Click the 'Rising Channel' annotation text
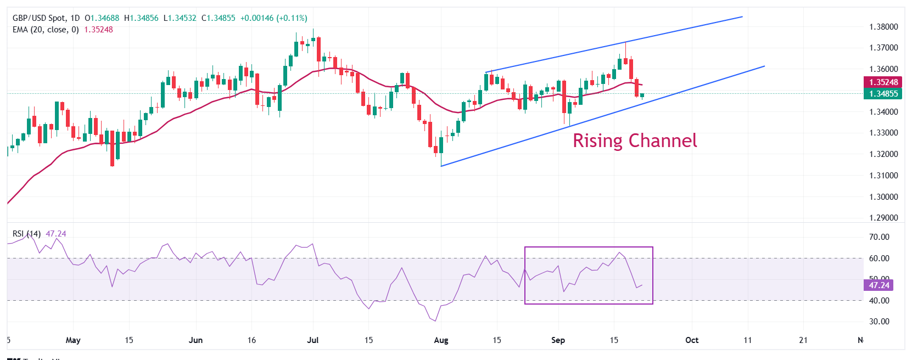tap(635, 141)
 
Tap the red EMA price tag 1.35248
tap(883, 82)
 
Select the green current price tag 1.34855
tap(883, 94)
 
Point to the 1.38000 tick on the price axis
tap(883, 26)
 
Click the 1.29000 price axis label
tap(883, 218)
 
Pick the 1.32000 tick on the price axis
tap(883, 154)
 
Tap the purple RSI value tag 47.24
tap(879, 285)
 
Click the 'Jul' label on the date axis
tap(313, 340)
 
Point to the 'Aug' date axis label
tap(441, 340)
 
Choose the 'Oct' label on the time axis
tap(692, 340)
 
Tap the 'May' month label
tap(73, 340)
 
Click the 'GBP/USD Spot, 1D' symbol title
tap(46, 18)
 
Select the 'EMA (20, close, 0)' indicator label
tap(46, 30)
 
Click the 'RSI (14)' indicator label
tap(26, 234)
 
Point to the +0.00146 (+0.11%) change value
tap(274, 18)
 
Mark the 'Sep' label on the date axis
tap(558, 340)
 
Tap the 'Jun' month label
tap(195, 340)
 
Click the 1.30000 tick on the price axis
tap(883, 197)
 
